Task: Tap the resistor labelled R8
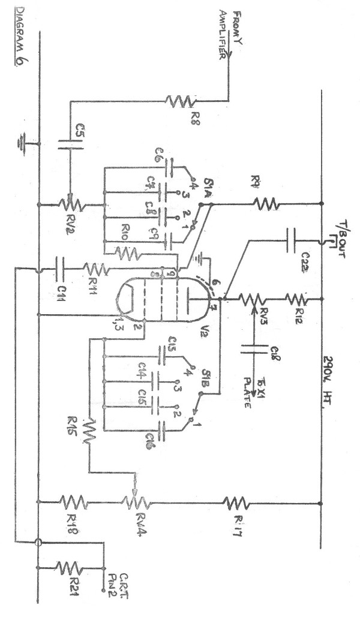[179, 101]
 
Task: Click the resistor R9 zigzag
[265, 204]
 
